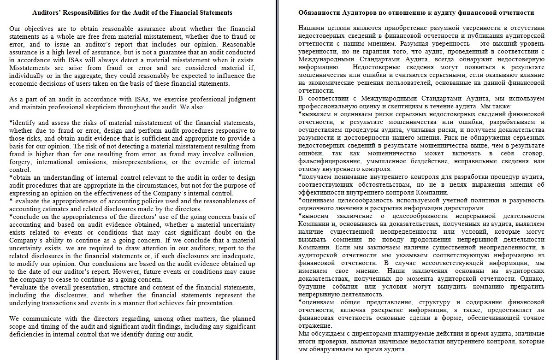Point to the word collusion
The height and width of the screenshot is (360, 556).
point(240,154)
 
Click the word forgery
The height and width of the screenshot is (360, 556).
point(19,162)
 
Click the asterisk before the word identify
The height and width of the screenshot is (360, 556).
point(11,122)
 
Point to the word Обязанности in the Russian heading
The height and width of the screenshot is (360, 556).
point(319,12)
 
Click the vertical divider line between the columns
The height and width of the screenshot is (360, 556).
point(278,180)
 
